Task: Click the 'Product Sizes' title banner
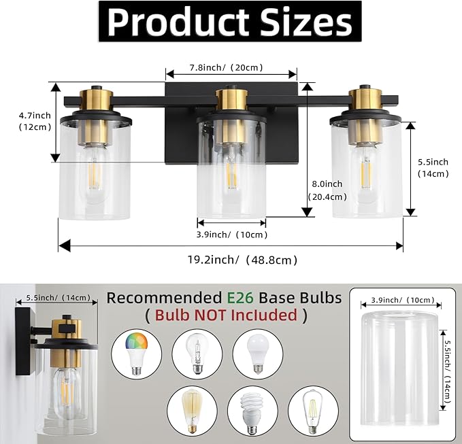click(x=231, y=22)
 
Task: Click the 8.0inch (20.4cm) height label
click(x=327, y=190)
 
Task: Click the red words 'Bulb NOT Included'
click(x=227, y=315)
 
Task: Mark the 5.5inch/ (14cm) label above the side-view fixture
click(x=57, y=298)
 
